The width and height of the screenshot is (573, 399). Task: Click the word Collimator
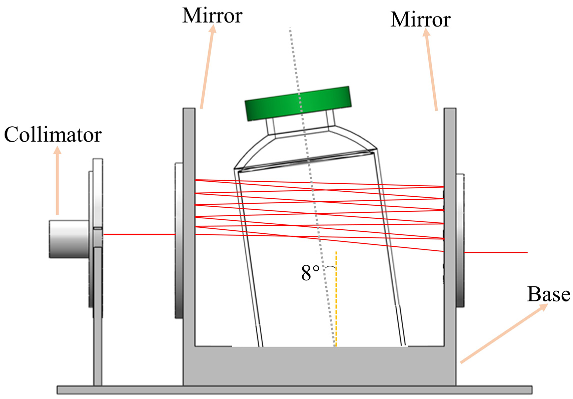click(53, 135)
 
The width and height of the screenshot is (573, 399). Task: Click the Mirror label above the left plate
click(212, 16)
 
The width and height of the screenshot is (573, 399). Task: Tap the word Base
click(548, 294)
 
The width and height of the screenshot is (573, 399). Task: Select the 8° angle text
click(310, 273)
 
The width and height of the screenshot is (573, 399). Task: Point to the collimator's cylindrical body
click(69, 239)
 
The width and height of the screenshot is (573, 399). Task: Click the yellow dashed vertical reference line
click(336, 313)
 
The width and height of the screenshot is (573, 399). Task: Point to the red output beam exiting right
click(495, 252)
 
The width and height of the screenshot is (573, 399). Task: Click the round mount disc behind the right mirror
click(460, 240)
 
